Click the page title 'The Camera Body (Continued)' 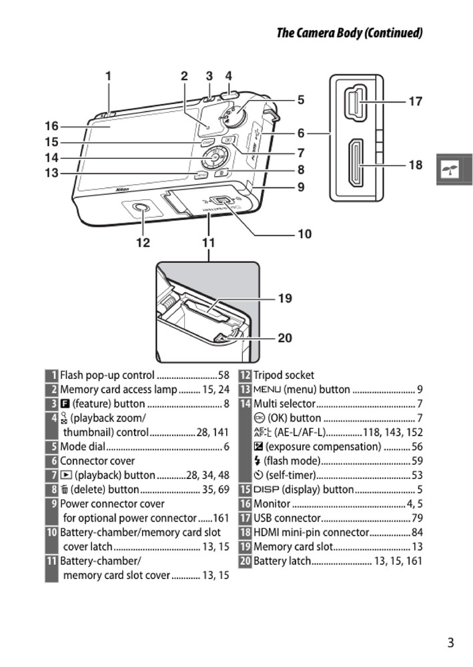349,33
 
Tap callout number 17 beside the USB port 415,101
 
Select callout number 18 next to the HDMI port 415,165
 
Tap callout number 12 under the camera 143,243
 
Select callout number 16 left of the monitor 52,126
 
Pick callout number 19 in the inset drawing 285,298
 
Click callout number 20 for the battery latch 285,338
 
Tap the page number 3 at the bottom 451,643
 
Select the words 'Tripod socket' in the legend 284,376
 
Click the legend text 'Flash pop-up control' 107,376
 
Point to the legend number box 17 245,518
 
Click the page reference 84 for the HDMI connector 417,532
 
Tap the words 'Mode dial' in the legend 83,447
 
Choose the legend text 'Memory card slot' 293,547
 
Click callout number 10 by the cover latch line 304,234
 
